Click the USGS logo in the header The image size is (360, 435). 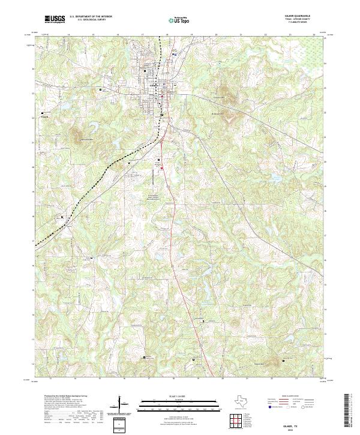55,19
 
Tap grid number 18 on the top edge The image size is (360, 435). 167,35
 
